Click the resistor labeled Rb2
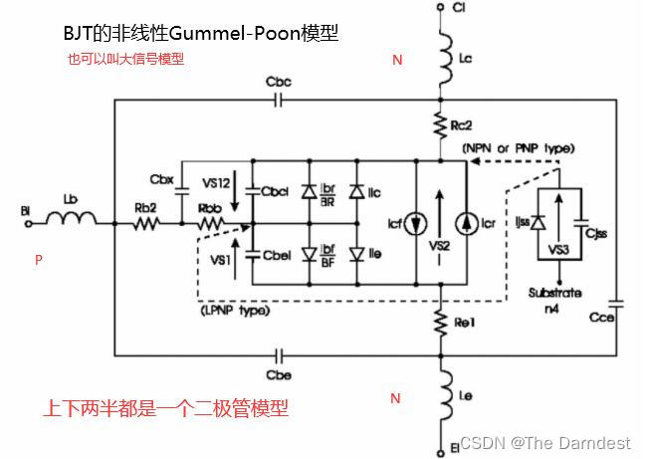[x=146, y=225]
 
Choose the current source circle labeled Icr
[x=466, y=224]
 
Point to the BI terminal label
[x=27, y=211]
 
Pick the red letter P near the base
[x=39, y=260]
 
